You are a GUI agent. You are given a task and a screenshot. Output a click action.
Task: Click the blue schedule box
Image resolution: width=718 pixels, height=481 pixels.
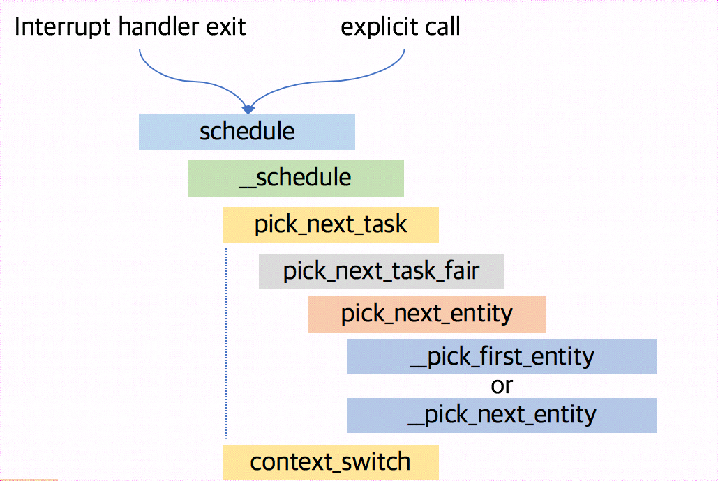click(246, 132)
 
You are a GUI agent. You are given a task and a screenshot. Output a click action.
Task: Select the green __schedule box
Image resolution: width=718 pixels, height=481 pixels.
click(295, 178)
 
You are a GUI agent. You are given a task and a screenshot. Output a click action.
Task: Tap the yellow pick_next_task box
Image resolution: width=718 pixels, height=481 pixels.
click(330, 225)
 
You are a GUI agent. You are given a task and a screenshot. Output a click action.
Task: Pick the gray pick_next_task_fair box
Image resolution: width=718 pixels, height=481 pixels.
click(381, 271)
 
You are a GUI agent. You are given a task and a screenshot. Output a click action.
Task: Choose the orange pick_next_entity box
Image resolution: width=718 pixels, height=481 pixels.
click(426, 314)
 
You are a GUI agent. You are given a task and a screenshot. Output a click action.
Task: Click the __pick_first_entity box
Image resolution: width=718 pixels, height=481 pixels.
click(501, 357)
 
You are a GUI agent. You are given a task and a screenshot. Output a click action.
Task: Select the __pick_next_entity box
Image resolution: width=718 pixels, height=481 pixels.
click(501, 415)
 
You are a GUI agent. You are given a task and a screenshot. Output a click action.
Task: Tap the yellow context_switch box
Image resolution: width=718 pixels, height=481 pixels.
click(330, 462)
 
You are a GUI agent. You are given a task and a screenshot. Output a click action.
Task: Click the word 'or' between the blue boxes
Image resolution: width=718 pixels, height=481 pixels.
click(502, 385)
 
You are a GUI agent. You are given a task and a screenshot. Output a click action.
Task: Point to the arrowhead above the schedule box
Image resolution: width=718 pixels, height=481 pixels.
click(248, 108)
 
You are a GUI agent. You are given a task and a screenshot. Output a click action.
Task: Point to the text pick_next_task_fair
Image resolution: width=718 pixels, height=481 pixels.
click(381, 271)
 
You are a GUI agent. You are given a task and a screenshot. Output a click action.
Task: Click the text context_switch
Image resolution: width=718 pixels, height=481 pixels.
click(330, 462)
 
